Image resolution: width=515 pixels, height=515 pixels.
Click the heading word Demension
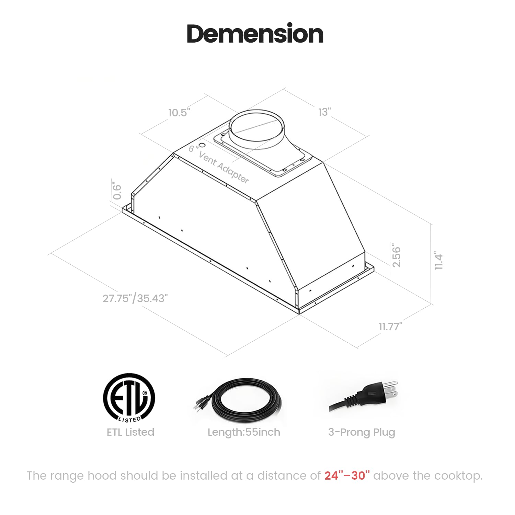tap(255, 34)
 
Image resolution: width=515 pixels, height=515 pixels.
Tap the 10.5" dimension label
tap(179, 112)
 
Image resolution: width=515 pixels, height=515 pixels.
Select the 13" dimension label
tap(324, 112)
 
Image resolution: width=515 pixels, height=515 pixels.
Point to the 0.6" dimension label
tap(117, 192)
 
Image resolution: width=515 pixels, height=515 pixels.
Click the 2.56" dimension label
tap(396, 255)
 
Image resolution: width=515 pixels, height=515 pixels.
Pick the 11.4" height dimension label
tap(438, 261)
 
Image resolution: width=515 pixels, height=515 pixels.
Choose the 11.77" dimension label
tap(390, 327)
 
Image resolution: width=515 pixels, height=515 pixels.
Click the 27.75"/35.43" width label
tap(135, 298)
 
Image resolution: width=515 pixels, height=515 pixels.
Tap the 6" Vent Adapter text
tap(219, 164)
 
